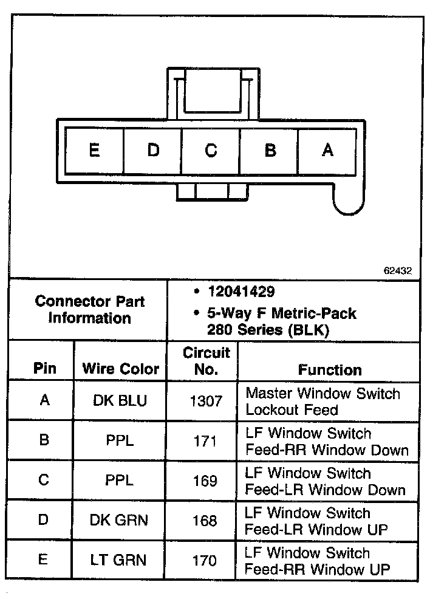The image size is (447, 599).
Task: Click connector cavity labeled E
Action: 94,150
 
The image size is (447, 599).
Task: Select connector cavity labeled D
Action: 152,150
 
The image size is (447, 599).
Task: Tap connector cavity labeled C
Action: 211,150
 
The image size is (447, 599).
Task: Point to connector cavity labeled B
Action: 270,150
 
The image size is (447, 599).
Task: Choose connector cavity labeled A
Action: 327,150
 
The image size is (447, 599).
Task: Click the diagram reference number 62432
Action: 397,272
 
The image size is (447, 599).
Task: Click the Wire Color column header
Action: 120,369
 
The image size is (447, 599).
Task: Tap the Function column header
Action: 330,370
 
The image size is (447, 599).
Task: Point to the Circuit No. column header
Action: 206,361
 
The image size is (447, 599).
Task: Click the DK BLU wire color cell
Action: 120,402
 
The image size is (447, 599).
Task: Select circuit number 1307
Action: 205,402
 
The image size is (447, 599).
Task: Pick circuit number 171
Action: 205,441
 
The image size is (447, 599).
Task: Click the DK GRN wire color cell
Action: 120,521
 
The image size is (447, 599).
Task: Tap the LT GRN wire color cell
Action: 120,560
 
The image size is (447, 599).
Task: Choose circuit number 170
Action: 205,560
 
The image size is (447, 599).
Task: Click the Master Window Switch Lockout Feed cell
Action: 322,402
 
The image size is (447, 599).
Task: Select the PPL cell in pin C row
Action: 120,481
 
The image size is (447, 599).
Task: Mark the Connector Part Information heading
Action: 89,309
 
